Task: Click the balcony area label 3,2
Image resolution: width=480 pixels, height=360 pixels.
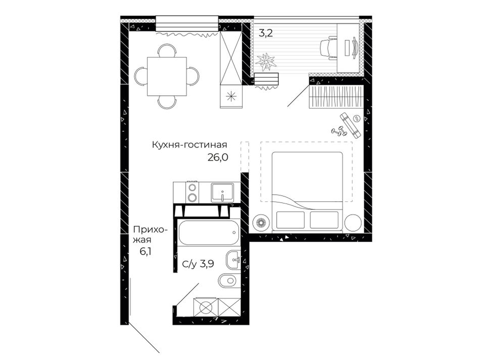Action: pos(265,33)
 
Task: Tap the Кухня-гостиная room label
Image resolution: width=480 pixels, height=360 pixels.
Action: pos(189,145)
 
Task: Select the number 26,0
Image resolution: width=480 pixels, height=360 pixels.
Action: pos(218,157)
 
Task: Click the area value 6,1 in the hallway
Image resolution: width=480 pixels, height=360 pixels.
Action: pos(146,251)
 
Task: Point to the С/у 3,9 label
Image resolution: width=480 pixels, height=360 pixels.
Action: pos(198,264)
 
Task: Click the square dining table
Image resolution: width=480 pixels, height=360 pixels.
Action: pos(167,76)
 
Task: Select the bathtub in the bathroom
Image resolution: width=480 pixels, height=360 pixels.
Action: pos(208,232)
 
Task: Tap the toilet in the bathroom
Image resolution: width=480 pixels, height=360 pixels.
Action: pos(229,280)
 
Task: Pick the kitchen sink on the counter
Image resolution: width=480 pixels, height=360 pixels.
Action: pos(222,192)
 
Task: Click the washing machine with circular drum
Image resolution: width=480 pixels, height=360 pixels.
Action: pos(206,307)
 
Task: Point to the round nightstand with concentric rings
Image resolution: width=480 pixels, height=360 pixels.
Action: pos(261,222)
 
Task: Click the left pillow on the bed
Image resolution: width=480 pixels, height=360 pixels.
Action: pos(290,220)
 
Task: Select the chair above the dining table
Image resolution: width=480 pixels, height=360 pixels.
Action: pos(167,50)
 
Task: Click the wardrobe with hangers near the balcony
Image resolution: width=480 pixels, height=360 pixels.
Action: pos(336,96)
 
